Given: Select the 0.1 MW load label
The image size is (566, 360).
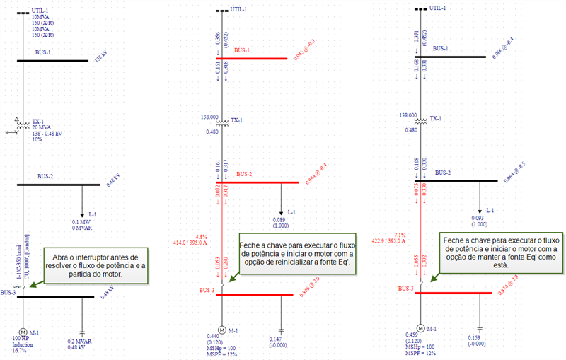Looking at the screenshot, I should click(83, 221).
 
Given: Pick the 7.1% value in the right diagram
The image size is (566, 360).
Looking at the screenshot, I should click(400, 234).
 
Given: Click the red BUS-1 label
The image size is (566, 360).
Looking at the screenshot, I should click(242, 50).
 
